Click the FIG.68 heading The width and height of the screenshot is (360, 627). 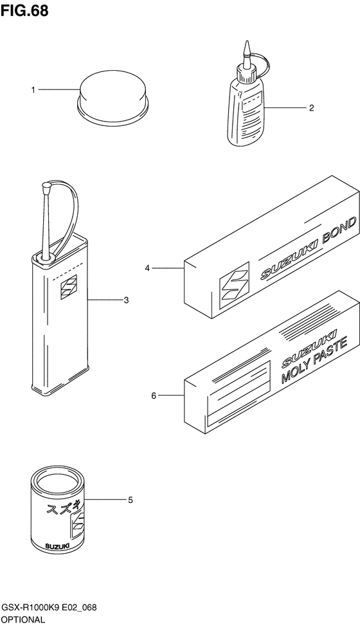(24, 10)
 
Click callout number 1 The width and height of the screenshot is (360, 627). (33, 90)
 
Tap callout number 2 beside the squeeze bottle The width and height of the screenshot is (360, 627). (311, 107)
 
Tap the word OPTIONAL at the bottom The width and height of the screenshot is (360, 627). (23, 620)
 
